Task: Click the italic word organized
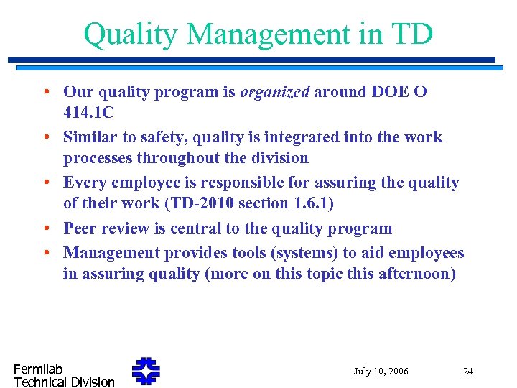275,92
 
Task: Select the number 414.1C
88,113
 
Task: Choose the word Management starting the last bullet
111,253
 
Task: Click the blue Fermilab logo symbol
146,371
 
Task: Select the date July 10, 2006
381,371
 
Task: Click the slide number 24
468,371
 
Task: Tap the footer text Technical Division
64,382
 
